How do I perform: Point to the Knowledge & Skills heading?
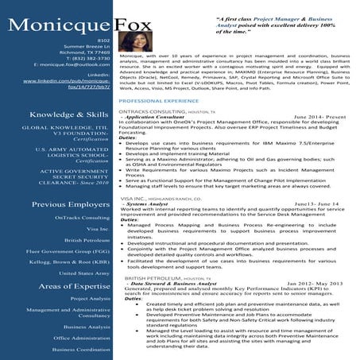[x=69, y=114]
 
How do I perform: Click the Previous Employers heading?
[x=69, y=204]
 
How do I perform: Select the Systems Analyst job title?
[x=143, y=203]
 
